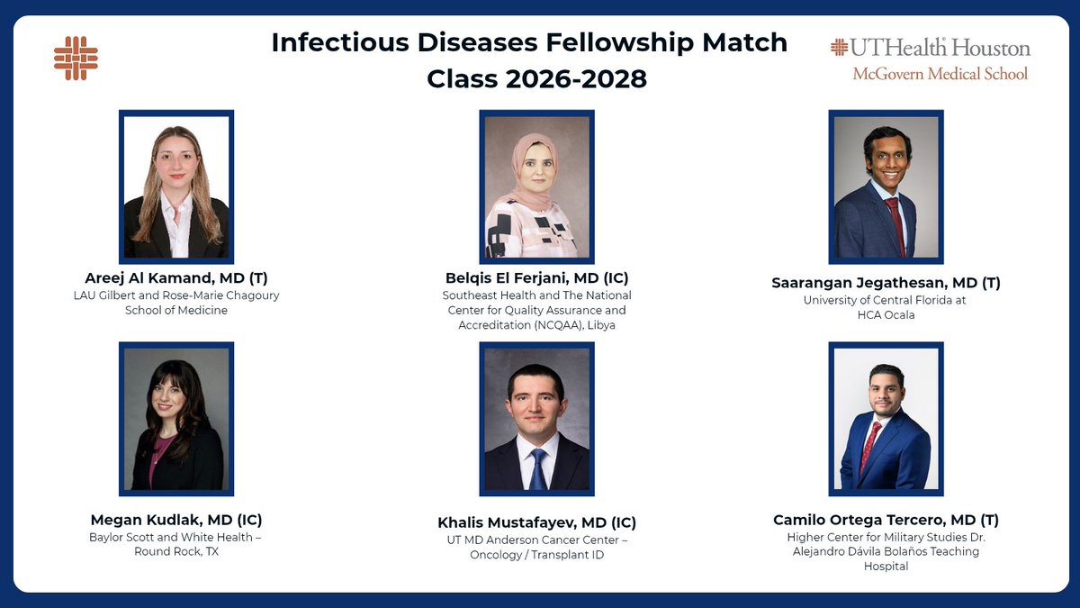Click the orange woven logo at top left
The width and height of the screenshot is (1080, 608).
tap(76, 58)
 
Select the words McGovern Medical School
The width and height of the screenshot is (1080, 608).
tap(940, 74)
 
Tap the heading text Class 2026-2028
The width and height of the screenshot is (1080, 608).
tap(536, 78)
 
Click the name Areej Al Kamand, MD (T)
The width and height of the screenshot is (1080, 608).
tap(176, 277)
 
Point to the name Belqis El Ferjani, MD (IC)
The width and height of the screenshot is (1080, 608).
tap(536, 277)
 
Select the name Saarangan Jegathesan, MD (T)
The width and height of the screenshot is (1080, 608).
tap(886, 283)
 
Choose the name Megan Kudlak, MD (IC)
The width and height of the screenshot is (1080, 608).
tap(176, 520)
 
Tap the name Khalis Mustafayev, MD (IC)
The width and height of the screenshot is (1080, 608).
tap(536, 522)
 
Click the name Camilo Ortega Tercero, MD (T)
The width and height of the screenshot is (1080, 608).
tap(886, 520)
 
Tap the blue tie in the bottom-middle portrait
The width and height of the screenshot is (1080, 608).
tap(537, 468)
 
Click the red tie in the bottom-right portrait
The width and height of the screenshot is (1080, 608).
tap(870, 446)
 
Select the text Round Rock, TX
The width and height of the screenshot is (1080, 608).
tap(176, 552)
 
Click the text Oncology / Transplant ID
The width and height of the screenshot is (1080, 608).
tap(536, 555)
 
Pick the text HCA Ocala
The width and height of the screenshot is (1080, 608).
tap(886, 315)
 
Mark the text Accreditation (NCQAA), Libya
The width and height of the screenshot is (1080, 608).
tap(536, 325)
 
